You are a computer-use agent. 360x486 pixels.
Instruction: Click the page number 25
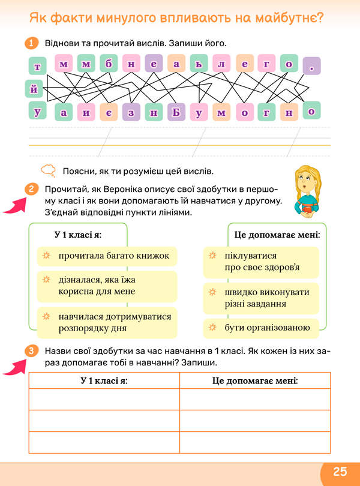coord(340,471)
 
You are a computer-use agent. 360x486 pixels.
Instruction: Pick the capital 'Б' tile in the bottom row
coord(176,112)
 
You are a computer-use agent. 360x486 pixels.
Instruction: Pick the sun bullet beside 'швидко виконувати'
coord(211,292)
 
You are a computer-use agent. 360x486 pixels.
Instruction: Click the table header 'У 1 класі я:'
coord(104,381)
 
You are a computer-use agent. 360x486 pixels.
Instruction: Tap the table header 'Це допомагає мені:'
coord(255,381)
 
